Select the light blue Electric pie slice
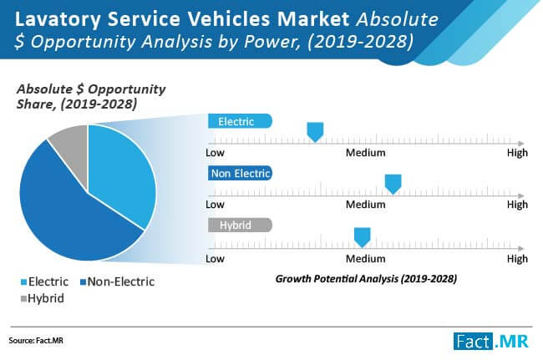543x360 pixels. click(121, 175)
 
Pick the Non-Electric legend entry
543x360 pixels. click(118, 281)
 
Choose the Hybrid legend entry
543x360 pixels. click(41, 297)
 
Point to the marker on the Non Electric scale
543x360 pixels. click(392, 183)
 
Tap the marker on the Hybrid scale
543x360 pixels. click(362, 236)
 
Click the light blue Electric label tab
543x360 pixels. click(240, 121)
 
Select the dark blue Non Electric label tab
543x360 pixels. click(240, 173)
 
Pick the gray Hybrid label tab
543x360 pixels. click(240, 225)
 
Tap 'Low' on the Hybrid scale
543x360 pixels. click(216, 259)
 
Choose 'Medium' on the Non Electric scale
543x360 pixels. click(366, 205)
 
